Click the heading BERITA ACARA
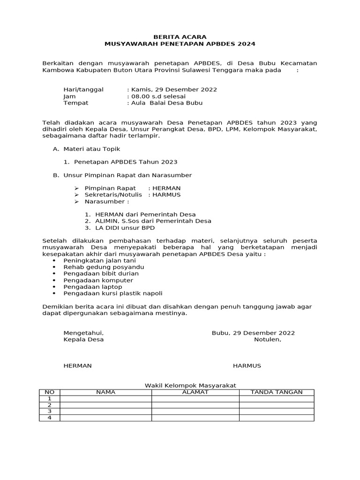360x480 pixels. click(x=180, y=37)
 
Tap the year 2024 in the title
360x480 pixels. click(x=246, y=44)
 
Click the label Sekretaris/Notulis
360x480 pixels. click(x=113, y=195)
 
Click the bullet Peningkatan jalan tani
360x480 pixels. click(x=97, y=260)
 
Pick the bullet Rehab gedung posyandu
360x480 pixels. click(x=98, y=267)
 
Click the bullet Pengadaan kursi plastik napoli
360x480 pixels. click(x=113, y=293)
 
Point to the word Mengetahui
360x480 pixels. click(x=83, y=333)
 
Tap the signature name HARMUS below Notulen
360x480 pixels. click(x=247, y=366)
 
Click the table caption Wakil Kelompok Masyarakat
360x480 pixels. click(x=190, y=385)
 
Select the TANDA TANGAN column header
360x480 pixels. click(x=277, y=392)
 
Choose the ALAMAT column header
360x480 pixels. click(x=195, y=392)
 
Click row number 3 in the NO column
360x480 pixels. click(x=49, y=411)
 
